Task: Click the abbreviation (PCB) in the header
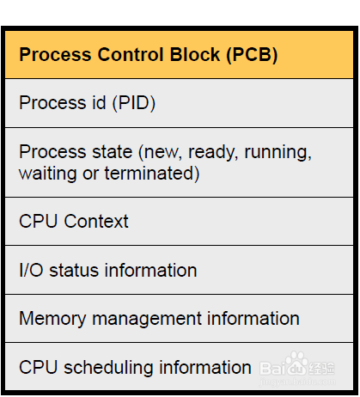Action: (x=252, y=55)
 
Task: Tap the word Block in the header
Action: (x=195, y=54)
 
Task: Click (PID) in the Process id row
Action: (x=134, y=103)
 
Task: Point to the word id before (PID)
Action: (x=99, y=102)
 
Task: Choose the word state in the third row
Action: (x=113, y=152)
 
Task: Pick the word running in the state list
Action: (x=278, y=152)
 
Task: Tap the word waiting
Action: (x=47, y=174)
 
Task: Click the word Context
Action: (x=96, y=222)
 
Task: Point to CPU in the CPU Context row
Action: (x=39, y=222)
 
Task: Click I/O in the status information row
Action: (x=31, y=270)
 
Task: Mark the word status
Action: (x=74, y=271)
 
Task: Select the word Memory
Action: (x=52, y=319)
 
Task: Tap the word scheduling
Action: (x=108, y=368)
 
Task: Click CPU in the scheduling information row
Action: (x=39, y=368)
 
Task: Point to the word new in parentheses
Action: (x=162, y=152)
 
